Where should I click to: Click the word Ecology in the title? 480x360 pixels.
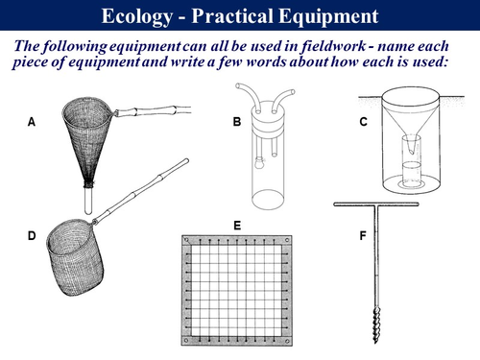(137, 16)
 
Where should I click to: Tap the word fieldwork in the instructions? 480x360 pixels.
(332, 46)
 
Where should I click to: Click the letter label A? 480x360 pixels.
(32, 122)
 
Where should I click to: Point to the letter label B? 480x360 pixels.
(237, 122)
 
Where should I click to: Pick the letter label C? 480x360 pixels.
(364, 122)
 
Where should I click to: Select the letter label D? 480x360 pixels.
(32, 236)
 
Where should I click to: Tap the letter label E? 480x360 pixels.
(237, 226)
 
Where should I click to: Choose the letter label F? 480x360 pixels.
(363, 236)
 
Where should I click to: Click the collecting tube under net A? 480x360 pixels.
(88, 201)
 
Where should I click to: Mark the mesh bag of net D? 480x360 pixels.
(74, 257)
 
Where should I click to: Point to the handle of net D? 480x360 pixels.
(141, 191)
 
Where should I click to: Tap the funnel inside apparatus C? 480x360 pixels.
(410, 123)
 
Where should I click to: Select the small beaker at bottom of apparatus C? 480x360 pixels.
(411, 175)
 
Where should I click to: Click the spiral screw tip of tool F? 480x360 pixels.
(377, 324)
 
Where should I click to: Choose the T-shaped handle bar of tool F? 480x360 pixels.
(376, 204)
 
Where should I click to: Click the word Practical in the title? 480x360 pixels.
(232, 16)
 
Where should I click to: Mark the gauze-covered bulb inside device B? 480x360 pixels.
(258, 163)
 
